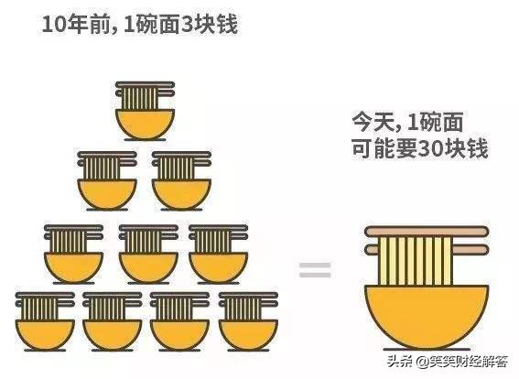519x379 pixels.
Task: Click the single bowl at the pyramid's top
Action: pos(145,124)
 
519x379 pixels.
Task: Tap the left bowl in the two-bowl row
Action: pos(107,194)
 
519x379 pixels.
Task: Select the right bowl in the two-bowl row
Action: pos(182,194)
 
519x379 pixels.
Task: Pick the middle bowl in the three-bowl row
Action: pos(148,267)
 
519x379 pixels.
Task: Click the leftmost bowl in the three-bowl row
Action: pos(73,267)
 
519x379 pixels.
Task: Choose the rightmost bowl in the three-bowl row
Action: pos(219,267)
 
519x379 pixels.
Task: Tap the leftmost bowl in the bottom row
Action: pos(45,335)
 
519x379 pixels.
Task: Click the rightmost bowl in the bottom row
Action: pos(248,335)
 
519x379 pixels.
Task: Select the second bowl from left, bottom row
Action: pos(113,335)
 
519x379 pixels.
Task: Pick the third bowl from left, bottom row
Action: pos(180,335)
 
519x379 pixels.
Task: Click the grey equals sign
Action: pos(315,270)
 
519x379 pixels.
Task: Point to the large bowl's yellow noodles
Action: pos(416,261)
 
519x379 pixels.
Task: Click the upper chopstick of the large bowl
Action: pos(427,231)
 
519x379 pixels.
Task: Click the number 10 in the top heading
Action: pos(54,25)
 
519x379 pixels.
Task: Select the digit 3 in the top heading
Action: pos(185,25)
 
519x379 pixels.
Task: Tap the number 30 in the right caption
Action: pos(430,149)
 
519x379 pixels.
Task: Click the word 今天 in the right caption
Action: pos(373,123)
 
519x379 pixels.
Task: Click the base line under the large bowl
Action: pos(427,349)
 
